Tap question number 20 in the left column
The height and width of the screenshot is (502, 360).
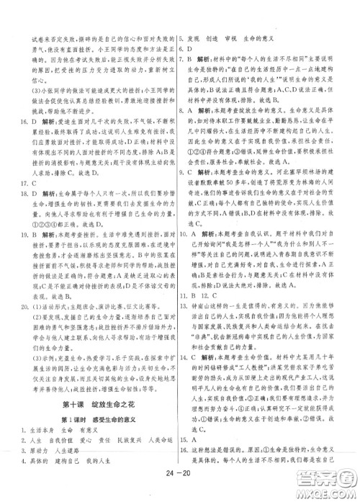[x=25, y=286]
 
